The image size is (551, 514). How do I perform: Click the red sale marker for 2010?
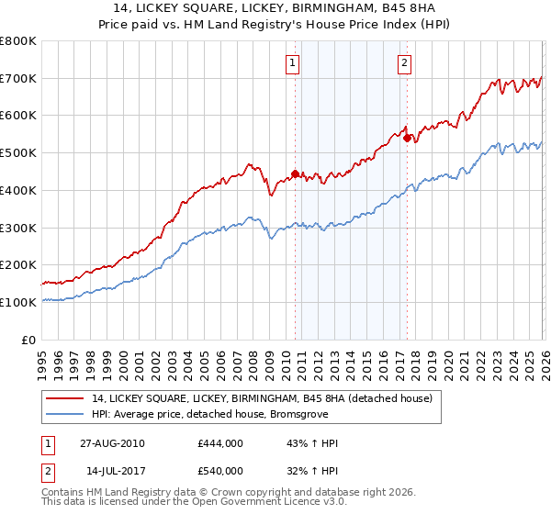295,173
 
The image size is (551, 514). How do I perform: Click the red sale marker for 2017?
407,138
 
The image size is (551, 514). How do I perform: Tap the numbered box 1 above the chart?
292,63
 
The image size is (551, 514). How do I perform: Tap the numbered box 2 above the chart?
404,63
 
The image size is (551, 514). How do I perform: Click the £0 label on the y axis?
29,340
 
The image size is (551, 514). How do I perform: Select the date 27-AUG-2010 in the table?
111,443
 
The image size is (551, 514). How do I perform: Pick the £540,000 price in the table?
220,471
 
